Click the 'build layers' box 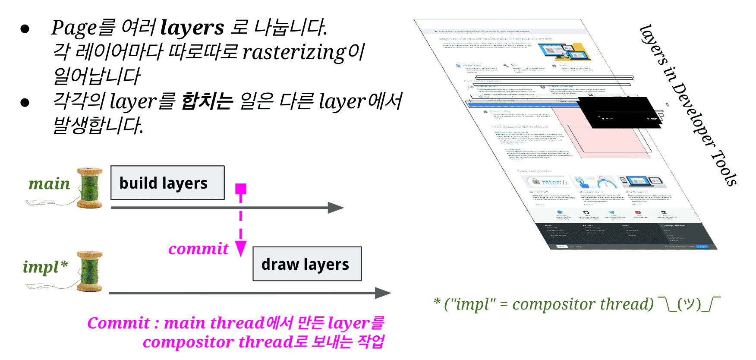tap(167, 183)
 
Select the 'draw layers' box tap(307, 264)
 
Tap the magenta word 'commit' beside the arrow tap(198, 249)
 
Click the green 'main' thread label tap(49, 184)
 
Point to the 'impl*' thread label tap(45, 267)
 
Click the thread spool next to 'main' tap(90, 188)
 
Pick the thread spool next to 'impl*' tap(90, 271)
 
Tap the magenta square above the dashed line tap(240, 189)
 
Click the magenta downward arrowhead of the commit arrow tap(240, 249)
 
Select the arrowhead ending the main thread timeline tap(336, 208)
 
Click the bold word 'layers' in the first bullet tap(192, 28)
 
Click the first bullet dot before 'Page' tap(25, 29)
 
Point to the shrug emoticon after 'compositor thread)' tap(689, 304)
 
